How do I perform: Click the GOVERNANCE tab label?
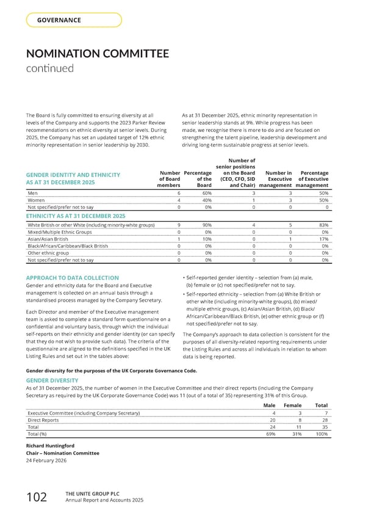(x=59, y=20)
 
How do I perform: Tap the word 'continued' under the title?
(x=49, y=68)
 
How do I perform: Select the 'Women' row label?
(x=36, y=200)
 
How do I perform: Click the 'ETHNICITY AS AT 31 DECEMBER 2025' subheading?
(x=75, y=216)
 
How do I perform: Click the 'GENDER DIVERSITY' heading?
(x=52, y=379)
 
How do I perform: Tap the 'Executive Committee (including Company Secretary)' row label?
(x=84, y=414)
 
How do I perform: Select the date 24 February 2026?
(x=47, y=461)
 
